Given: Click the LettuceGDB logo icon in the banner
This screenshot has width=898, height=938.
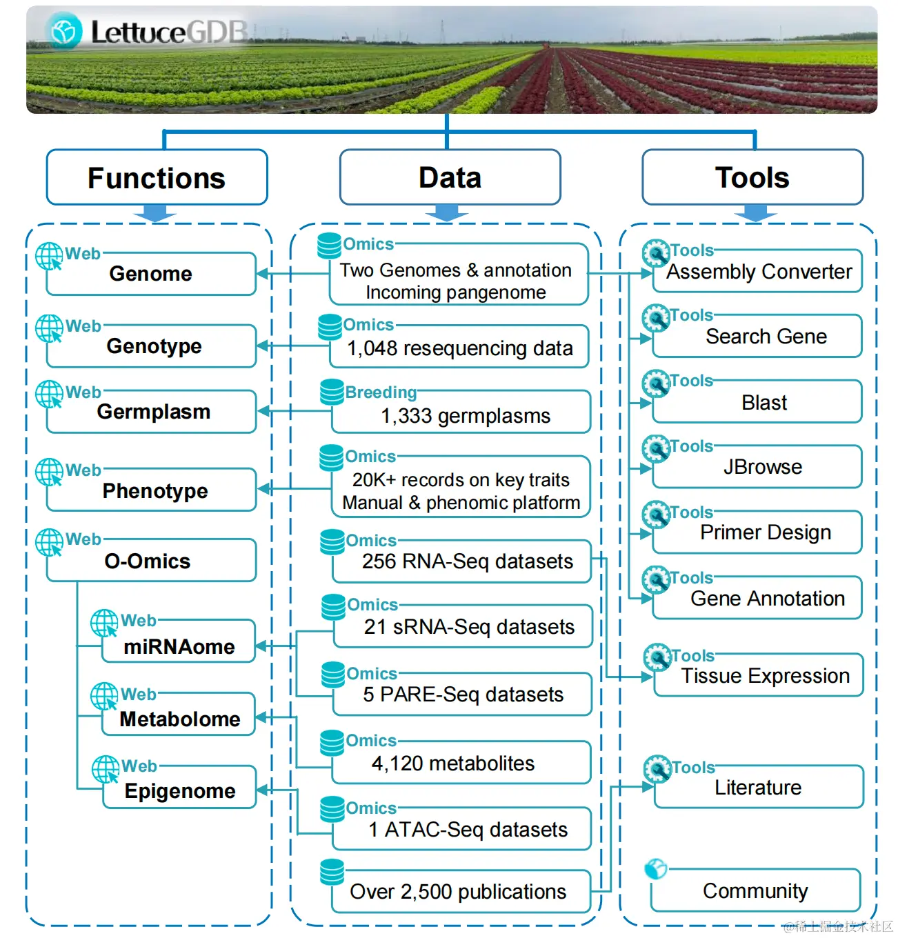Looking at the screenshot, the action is pos(65,31).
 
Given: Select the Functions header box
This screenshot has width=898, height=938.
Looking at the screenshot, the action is pos(157,178).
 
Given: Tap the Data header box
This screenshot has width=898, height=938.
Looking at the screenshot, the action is pos(450,178).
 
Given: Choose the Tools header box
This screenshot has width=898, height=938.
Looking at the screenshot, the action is pos(752,178).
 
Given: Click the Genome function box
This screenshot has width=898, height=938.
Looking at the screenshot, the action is pos(151,274).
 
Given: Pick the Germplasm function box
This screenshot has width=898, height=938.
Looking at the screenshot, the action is pos(153,412).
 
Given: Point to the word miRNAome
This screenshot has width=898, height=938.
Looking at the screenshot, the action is pos(179,647).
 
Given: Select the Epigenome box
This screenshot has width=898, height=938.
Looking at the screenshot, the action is pos(179,790).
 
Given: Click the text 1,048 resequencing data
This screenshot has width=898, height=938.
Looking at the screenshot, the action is pos(459,348).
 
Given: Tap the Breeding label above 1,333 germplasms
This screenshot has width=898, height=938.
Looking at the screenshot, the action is pos(381,392).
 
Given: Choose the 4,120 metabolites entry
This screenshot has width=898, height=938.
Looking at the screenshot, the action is pos(453,764).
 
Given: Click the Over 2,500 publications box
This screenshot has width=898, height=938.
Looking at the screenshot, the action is pos(458,892).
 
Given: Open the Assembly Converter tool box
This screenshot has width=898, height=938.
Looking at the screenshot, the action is pos(759,272).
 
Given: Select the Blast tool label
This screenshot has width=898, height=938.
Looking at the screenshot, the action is pos(764,403).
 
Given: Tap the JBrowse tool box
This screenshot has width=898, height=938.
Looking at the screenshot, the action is pos(762,467).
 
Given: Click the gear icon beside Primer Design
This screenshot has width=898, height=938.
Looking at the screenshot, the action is pos(656,514).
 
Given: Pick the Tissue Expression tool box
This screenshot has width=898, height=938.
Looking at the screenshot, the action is pos(765,676).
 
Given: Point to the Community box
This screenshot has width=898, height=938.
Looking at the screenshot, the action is pos(755,891).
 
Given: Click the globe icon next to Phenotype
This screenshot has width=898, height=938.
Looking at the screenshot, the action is pos(49,472).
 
